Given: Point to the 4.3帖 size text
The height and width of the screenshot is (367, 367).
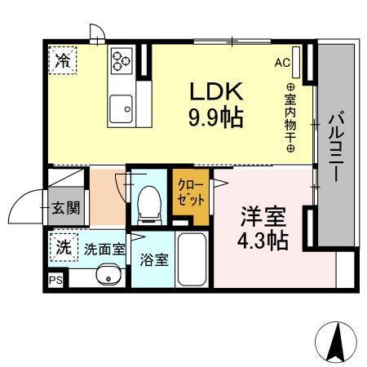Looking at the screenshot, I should tap(263, 242).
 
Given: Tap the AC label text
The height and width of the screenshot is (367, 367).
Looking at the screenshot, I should tap(283, 61).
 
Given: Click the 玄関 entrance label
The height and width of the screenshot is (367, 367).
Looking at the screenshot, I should tap(66, 207).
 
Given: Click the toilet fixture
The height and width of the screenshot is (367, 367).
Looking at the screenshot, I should tap(148, 201).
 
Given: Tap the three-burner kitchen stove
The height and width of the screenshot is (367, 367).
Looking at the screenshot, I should tap(122, 60).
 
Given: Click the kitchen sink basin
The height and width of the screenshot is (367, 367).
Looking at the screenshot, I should tap(122, 106).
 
